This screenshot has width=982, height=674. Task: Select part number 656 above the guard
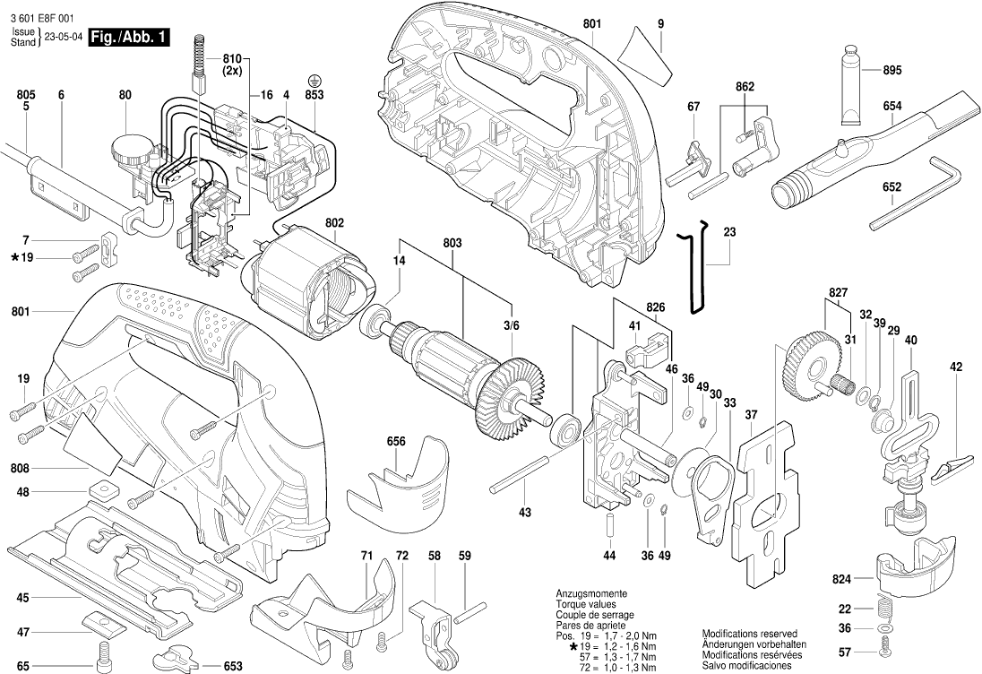pos(396,441)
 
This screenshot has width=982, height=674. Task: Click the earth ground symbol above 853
pos(314,80)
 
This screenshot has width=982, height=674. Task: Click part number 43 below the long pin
pos(525,513)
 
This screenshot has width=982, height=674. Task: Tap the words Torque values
pos(586,605)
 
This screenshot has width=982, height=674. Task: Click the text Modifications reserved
pos(750,633)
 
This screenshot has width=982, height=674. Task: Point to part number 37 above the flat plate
pos(751,414)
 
